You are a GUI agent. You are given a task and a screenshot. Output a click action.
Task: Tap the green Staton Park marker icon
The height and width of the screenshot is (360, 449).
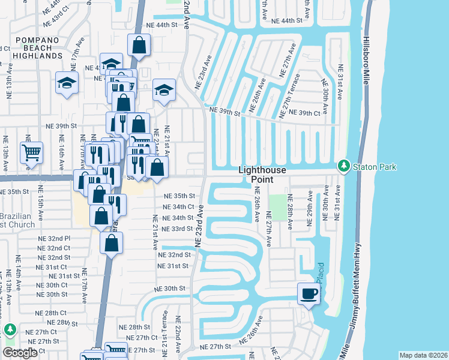[343, 165]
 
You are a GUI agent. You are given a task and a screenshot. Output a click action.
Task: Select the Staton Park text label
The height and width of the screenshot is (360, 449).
[374, 166]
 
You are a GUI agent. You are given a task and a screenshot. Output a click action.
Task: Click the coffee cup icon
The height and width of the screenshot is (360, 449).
[309, 293]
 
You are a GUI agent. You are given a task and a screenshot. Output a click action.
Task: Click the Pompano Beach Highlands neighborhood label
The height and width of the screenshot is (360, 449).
[31, 50]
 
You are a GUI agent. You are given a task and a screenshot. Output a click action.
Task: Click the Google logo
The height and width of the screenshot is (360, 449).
[20, 353]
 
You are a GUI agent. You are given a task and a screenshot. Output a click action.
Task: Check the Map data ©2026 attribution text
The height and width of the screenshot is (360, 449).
[423, 355]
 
